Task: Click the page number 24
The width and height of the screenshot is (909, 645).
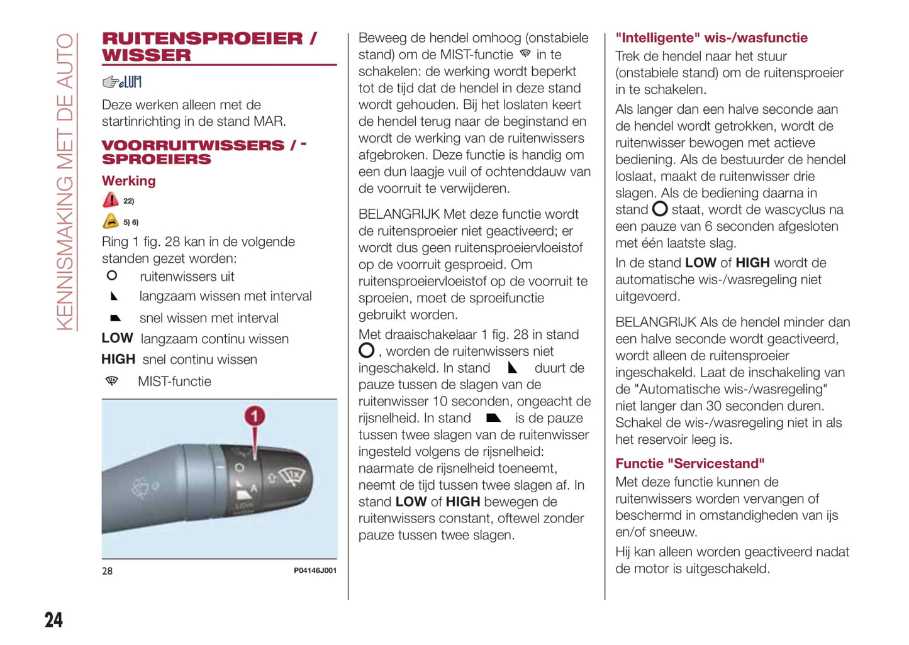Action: (53, 620)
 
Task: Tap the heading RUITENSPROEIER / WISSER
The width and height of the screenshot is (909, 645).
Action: (209, 47)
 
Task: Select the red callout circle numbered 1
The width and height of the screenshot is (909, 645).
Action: (254, 416)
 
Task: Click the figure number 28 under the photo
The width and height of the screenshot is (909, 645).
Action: (108, 571)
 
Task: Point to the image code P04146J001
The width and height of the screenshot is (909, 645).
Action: (315, 571)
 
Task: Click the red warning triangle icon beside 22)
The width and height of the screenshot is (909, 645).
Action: (111, 201)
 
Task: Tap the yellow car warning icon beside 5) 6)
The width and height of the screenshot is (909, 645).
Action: (111, 221)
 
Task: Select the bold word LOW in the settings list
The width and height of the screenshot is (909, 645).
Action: (117, 338)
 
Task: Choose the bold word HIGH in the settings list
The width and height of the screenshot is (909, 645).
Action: (118, 359)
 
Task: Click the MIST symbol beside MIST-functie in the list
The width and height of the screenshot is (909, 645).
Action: (112, 381)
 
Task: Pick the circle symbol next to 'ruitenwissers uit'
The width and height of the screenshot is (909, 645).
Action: (112, 275)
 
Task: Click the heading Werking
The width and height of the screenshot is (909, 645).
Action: (128, 181)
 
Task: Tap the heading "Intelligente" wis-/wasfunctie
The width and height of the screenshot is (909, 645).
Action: (711, 38)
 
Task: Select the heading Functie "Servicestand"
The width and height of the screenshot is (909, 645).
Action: (689, 463)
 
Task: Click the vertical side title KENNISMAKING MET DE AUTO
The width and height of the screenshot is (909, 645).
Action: (65, 182)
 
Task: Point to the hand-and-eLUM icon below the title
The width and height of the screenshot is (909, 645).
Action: (122, 82)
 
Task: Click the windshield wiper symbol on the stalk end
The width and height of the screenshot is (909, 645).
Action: (293, 476)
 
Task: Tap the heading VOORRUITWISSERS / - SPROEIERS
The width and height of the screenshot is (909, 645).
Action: (204, 152)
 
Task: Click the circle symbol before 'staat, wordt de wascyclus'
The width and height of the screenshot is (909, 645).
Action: (660, 209)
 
